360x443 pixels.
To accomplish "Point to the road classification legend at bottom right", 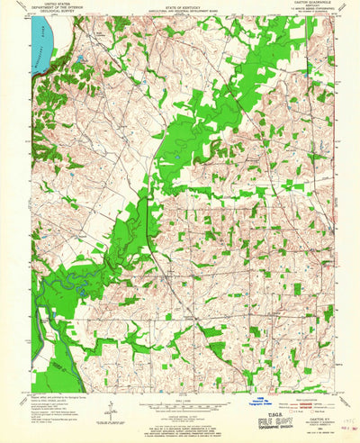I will (x=305, y=390).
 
